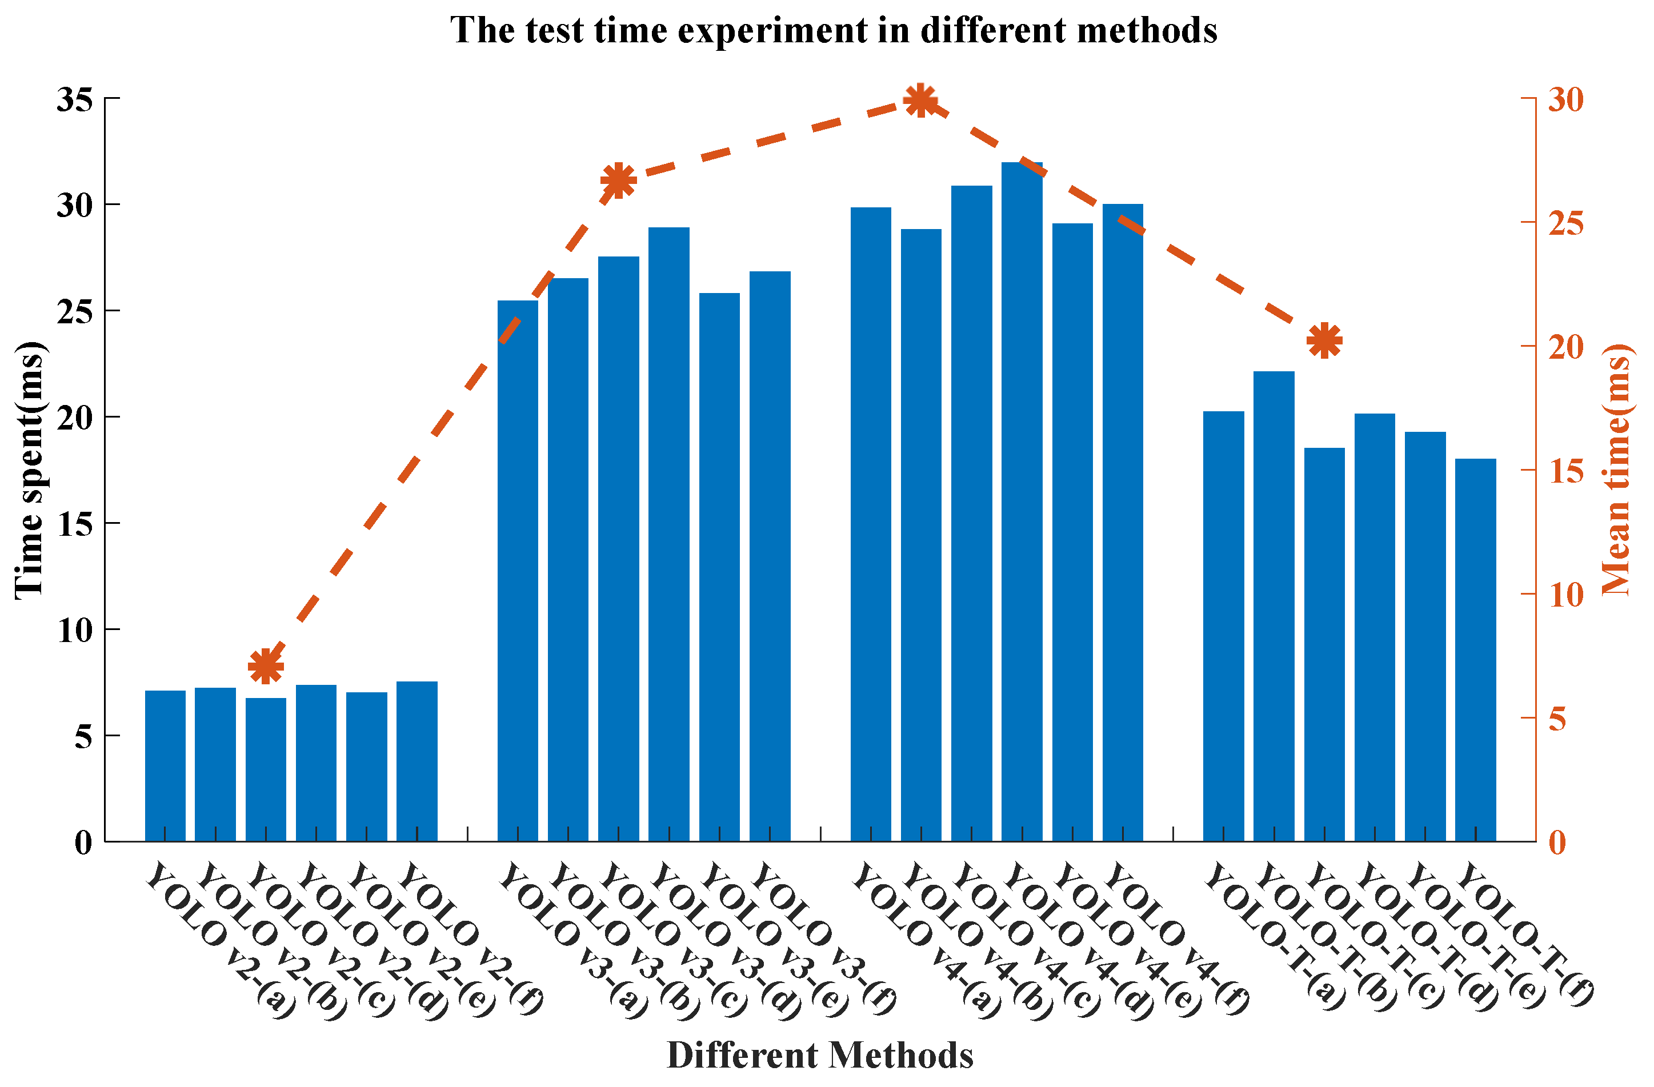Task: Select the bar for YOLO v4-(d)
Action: pos(1022,500)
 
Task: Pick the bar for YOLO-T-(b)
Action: pos(1274,605)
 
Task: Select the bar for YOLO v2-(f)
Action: pos(417,760)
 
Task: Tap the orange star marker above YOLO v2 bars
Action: pos(266,667)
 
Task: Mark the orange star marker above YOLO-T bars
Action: pos(1324,340)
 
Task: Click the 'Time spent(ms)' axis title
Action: pos(29,471)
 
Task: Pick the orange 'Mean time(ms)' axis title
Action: pos(1616,471)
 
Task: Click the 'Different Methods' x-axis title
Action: pos(819,1055)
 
